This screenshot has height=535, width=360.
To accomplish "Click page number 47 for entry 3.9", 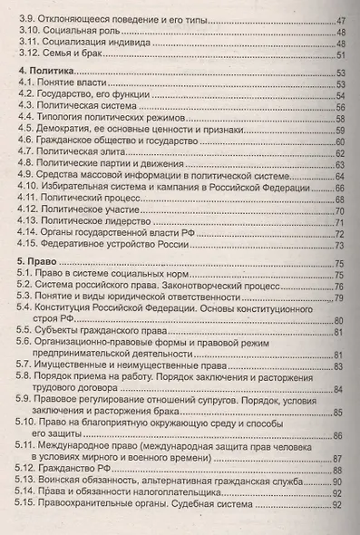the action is [x=341, y=20].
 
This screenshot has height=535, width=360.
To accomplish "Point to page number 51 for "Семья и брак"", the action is [x=341, y=55].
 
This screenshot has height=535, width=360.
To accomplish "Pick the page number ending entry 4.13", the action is [x=341, y=221].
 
